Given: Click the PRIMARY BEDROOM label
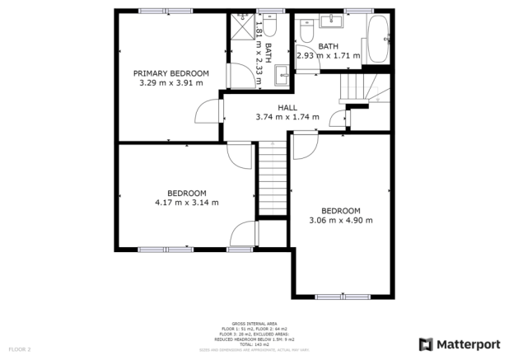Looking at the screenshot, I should pos(171,73).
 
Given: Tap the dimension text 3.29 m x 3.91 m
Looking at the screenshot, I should pos(171,83).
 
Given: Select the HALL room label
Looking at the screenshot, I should pos(287,108).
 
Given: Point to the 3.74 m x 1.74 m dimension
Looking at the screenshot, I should pos(287,118).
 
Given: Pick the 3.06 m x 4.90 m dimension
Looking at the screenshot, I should pos(341,220).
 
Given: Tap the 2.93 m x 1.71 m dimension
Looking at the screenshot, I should pos(329,56).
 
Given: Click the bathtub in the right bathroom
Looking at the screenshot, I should pos(379,39).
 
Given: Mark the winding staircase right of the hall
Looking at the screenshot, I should pos(361,87).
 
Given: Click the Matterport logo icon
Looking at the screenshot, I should pos(427,344).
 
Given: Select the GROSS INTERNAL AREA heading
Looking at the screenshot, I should pos(254,324).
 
